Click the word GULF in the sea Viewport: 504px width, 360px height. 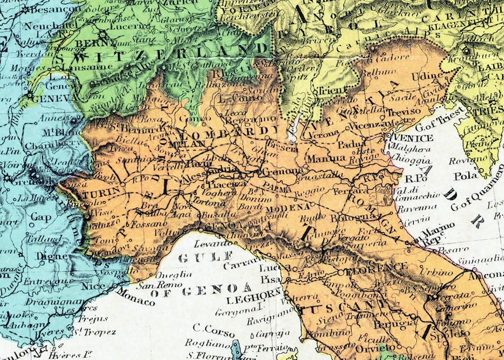(196, 258)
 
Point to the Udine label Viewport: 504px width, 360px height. (427, 76)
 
